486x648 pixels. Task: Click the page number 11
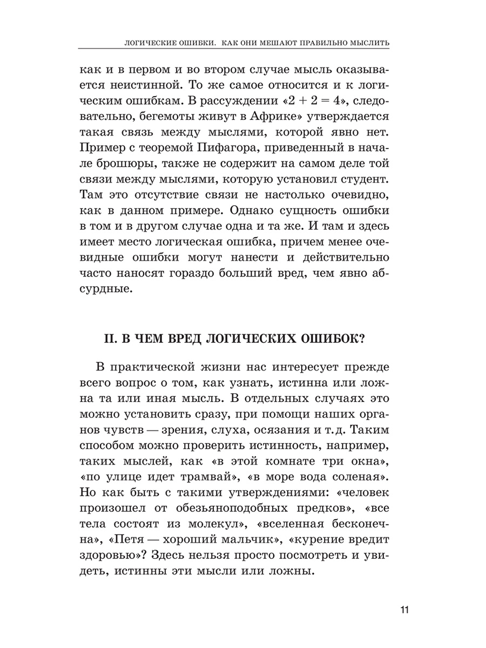click(404, 611)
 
